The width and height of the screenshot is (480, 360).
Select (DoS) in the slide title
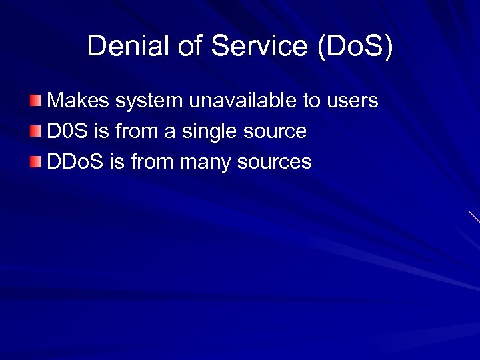(355, 47)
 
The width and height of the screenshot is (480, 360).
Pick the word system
(149, 101)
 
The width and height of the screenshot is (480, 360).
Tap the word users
(352, 101)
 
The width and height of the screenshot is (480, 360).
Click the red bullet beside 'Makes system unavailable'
(35, 101)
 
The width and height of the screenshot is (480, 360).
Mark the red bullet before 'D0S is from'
(35, 131)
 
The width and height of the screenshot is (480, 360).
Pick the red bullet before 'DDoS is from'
(35, 161)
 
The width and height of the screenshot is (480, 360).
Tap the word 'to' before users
(312, 101)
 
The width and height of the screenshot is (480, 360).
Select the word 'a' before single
(169, 132)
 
